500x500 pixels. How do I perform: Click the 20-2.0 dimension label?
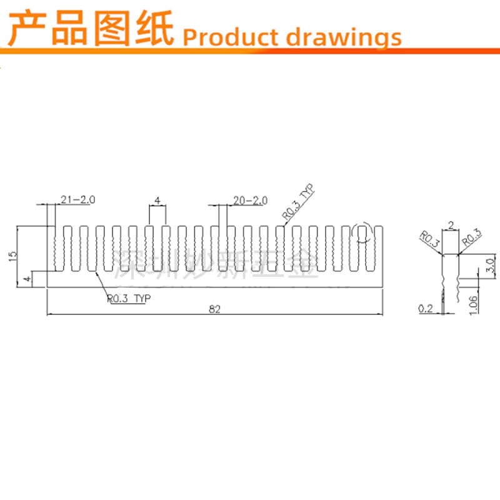(x=250, y=200)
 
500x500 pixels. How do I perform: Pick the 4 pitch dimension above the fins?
(x=157, y=200)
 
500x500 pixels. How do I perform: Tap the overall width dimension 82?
(x=214, y=308)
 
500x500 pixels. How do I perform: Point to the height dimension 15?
(x=13, y=257)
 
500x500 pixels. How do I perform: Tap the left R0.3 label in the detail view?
(x=429, y=239)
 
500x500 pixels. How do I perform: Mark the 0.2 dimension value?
(x=427, y=307)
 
